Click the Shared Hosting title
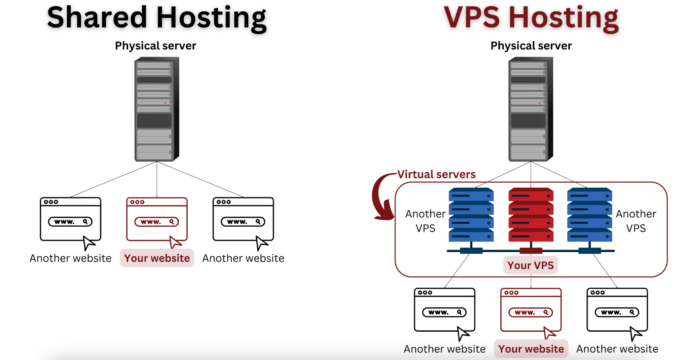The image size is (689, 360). click(x=157, y=17)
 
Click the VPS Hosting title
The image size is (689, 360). click(x=531, y=17)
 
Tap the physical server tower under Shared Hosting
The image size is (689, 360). click(x=157, y=109)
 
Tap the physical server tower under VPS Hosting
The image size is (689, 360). click(x=531, y=109)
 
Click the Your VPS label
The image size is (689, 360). click(x=531, y=265)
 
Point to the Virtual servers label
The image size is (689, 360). click(x=436, y=174)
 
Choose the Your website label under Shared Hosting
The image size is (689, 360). click(x=157, y=258)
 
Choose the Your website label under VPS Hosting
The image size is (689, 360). click(x=531, y=349)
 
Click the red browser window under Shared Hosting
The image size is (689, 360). click(x=157, y=219)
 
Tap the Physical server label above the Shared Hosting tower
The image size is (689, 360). click(x=155, y=46)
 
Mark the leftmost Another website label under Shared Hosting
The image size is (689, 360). click(x=71, y=258)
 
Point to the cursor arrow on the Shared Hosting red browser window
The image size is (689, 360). click(x=175, y=242)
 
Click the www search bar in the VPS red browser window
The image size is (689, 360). click(x=531, y=312)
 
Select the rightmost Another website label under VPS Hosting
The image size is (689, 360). click(x=617, y=349)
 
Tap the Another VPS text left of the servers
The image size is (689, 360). click(x=426, y=221)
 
